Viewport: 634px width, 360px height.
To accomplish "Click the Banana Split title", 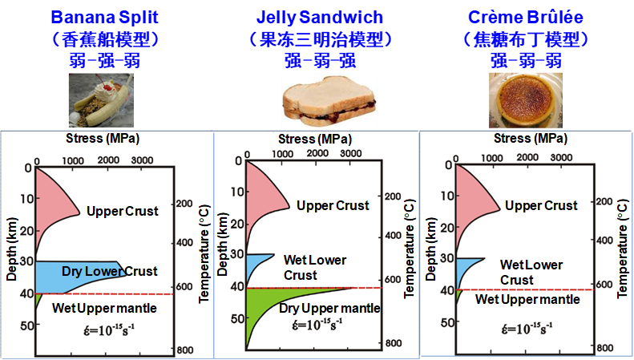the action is coord(104,18).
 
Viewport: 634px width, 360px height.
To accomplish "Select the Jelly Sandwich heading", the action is coord(320,18).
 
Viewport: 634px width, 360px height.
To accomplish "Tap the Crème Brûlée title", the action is coord(526,17).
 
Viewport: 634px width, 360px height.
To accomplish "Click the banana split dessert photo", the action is coord(101,100).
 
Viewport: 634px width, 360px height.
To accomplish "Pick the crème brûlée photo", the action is coord(526,100).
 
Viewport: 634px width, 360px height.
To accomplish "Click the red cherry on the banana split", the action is coord(107,87).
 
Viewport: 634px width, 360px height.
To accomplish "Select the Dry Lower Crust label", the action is coord(110,271).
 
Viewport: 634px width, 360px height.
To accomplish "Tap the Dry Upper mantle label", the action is coord(329,308).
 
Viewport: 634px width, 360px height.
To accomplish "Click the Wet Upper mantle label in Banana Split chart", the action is coord(104,308).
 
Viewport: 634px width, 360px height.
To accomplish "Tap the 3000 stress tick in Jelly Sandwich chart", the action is coord(351,154).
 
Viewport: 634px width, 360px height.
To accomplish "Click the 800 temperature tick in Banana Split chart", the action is coord(185,350).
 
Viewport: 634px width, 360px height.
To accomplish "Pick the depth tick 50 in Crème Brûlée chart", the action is coord(447,323).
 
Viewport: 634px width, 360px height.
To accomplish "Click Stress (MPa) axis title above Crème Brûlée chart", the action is coord(531,139).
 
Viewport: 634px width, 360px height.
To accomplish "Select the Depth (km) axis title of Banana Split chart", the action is coord(12,249).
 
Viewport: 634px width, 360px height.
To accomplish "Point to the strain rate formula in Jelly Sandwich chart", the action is coord(317,325).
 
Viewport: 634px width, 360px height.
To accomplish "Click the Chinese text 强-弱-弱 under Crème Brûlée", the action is coord(526,61).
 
